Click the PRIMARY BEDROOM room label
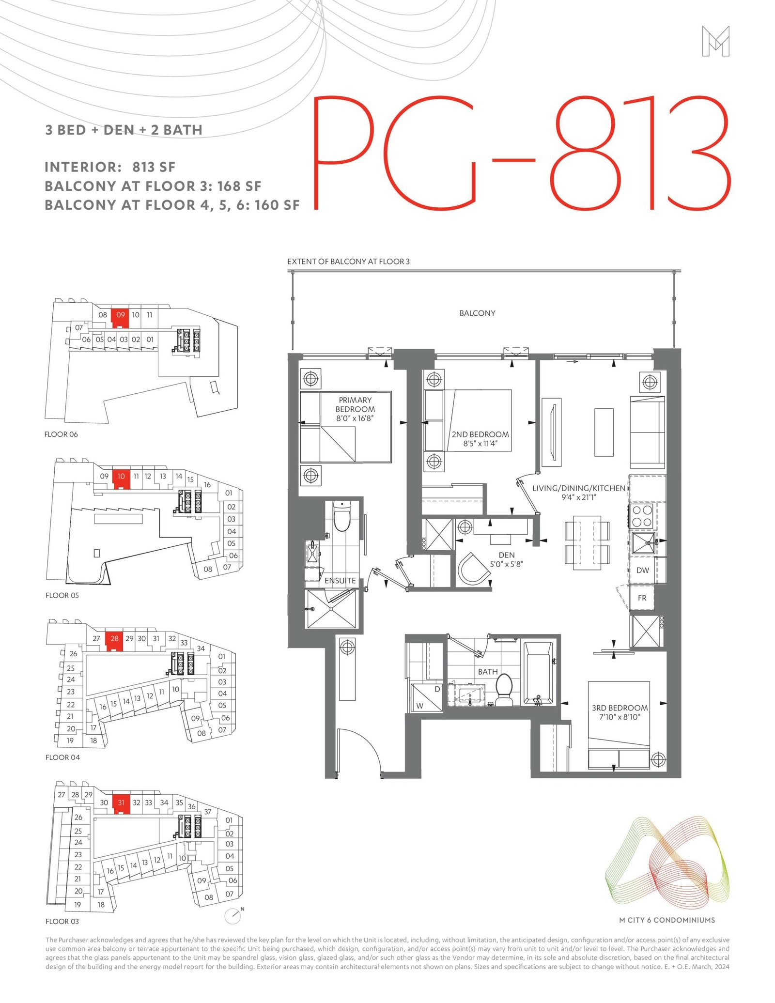(x=355, y=404)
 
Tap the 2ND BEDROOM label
(x=480, y=434)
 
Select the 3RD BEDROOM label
(x=620, y=708)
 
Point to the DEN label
(x=507, y=555)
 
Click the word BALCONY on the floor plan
(x=477, y=313)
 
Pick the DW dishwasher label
(x=642, y=570)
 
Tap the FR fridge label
(x=642, y=598)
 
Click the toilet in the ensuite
(x=342, y=516)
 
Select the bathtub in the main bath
(x=538, y=673)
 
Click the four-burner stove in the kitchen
(x=642, y=516)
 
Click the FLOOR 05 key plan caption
(x=62, y=595)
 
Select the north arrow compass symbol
(x=234, y=915)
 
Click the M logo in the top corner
(x=715, y=41)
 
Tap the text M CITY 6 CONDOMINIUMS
(x=667, y=920)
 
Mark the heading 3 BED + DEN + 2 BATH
(x=124, y=130)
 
